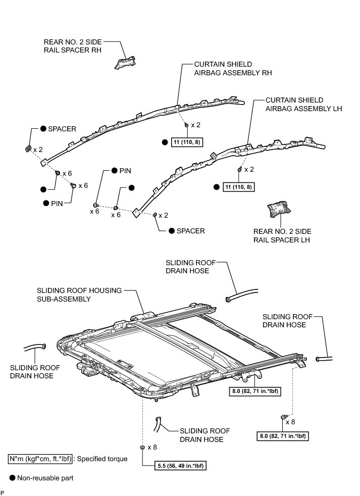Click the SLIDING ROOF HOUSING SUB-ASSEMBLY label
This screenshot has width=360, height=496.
79,294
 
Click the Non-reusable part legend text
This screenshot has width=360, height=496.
45,477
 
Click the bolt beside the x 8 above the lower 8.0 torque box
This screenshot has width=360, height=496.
282,417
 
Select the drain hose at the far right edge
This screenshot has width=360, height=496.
323,359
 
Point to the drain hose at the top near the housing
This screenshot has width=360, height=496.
242,294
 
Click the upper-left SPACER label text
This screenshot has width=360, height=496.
62,129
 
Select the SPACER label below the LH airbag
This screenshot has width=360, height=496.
187,230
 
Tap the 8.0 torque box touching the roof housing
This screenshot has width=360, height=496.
253,390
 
